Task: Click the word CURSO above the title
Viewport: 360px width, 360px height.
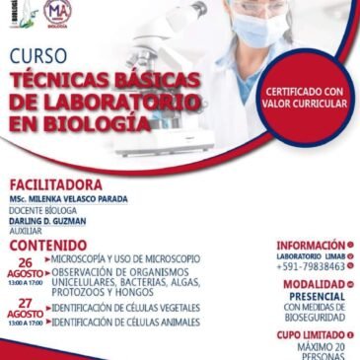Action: pyautogui.click(x=37, y=57)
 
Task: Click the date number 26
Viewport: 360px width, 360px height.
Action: pyautogui.click(x=26, y=262)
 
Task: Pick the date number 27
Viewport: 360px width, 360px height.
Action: pyautogui.click(x=26, y=305)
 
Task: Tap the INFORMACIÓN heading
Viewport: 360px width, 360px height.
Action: pyautogui.click(x=310, y=245)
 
